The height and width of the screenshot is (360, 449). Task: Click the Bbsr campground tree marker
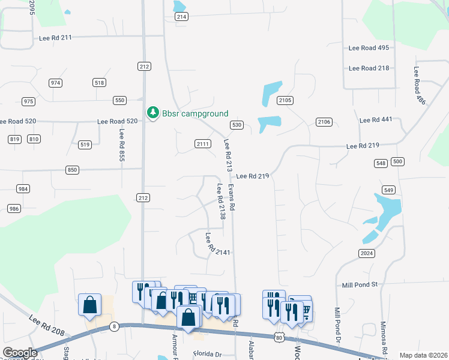153,113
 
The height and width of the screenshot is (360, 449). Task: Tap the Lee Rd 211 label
55,37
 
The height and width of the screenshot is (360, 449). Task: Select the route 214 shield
181,17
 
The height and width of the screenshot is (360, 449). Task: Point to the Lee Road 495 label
369,47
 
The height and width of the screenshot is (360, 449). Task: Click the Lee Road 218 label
369,68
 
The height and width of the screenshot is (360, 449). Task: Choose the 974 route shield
56,83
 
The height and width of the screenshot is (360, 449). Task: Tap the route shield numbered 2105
285,100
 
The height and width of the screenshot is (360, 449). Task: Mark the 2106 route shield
324,122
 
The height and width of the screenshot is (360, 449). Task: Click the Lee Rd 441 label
376,120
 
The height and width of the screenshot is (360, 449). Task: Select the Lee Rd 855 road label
122,146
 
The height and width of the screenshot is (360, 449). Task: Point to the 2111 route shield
203,143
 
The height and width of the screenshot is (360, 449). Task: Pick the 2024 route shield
367,254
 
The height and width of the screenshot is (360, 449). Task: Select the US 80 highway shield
279,338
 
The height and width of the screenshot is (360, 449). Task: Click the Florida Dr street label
207,354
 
